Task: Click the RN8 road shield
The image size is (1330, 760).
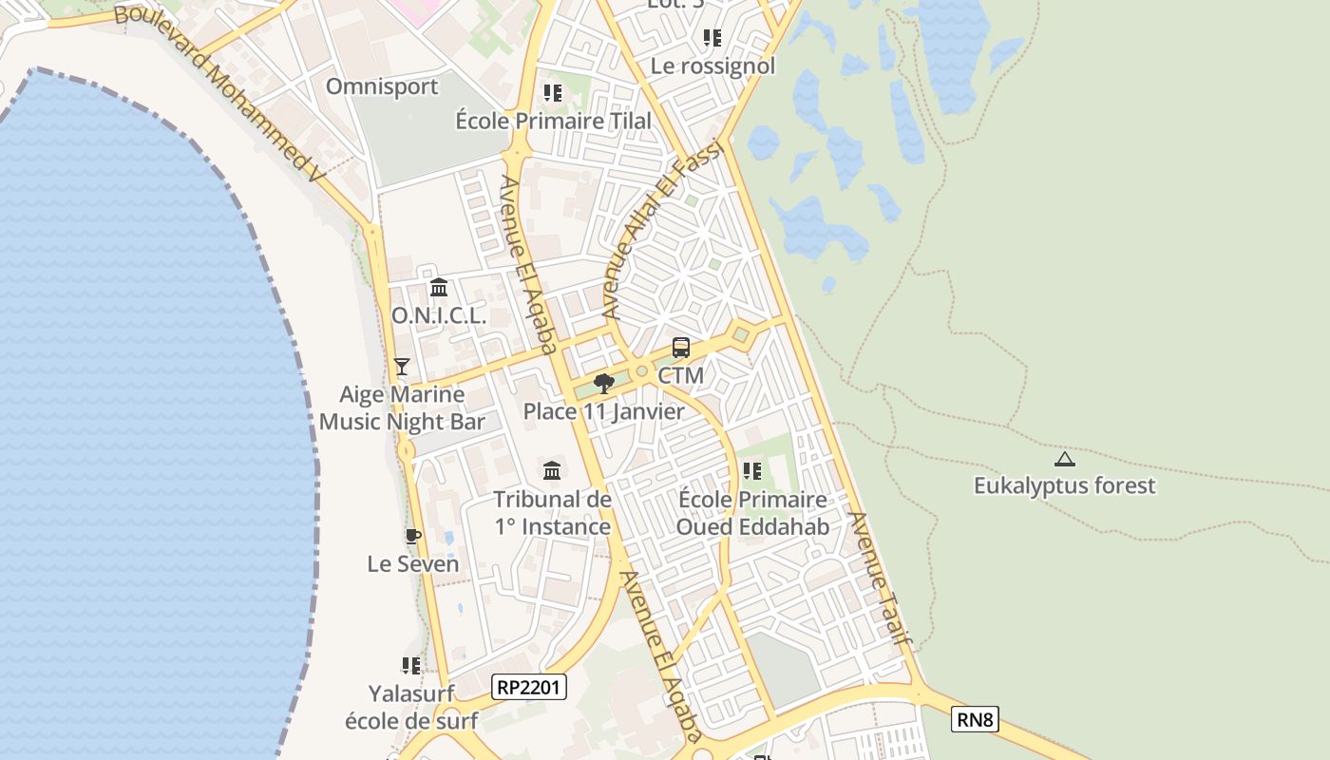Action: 975,720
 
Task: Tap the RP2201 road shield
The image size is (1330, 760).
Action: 529,687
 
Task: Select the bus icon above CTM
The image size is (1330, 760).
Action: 681,348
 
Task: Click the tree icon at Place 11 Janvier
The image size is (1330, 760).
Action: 603,384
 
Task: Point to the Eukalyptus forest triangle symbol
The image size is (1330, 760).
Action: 1065,460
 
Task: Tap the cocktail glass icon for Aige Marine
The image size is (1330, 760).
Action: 402,366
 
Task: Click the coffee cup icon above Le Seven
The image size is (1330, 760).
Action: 412,537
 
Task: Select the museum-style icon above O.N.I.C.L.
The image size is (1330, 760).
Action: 439,287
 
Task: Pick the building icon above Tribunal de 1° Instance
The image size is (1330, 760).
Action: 552,470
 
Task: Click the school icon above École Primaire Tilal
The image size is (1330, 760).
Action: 553,93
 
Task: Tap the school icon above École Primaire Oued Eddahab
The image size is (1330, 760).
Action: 752,471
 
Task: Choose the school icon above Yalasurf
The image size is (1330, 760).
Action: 411,666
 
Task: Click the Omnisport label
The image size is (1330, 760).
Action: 382,86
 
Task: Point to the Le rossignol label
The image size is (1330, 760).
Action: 712,66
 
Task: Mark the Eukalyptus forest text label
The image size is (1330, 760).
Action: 1065,485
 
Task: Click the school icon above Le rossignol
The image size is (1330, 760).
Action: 712,38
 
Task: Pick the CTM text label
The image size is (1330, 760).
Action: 681,375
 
